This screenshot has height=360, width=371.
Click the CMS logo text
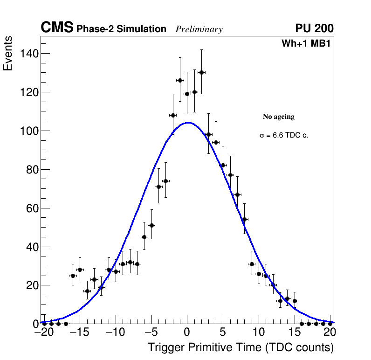(x=57, y=28)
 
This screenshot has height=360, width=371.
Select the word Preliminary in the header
(x=199, y=29)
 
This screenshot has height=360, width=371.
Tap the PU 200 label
(x=314, y=28)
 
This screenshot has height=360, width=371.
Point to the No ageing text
(x=279, y=117)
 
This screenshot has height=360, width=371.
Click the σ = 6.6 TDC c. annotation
(x=284, y=135)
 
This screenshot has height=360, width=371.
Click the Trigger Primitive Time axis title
(x=240, y=347)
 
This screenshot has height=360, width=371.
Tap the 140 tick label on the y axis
(x=29, y=54)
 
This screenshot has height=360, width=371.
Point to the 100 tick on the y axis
(x=29, y=131)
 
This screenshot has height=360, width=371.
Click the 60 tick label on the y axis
(x=32, y=208)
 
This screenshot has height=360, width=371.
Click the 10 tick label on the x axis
(x=259, y=332)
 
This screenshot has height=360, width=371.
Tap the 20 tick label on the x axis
(x=330, y=332)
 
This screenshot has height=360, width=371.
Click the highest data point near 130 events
(x=201, y=72)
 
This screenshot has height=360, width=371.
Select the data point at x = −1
(x=180, y=80)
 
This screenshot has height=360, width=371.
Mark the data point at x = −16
(x=73, y=276)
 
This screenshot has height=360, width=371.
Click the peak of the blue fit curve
(x=188, y=123)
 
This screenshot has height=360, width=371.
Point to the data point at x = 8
(x=244, y=219)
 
